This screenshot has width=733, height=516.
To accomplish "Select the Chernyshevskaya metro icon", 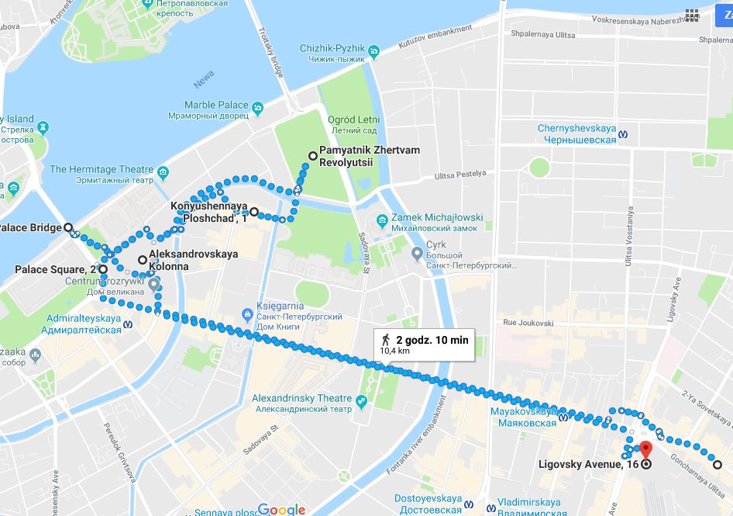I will pyautogui.click(x=634, y=133).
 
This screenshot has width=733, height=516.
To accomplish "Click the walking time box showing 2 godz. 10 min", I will pyautogui.click(x=424, y=344).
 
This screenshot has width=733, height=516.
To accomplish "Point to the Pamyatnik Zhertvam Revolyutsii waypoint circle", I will pyautogui.click(x=313, y=156).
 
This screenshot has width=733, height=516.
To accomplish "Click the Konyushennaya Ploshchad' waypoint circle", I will pyautogui.click(x=254, y=211).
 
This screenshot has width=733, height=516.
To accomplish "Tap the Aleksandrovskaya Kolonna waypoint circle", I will pyautogui.click(x=143, y=259).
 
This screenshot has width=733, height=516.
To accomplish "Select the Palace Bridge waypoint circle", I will pyautogui.click(x=68, y=228).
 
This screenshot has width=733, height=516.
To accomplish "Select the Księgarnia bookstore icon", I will pyautogui.click(x=247, y=313).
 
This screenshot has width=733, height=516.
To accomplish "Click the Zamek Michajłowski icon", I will pyautogui.click(x=381, y=220).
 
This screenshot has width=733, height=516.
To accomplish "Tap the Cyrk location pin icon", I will pyautogui.click(x=416, y=253).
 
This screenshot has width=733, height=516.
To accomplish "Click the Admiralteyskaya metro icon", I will pyautogui.click(x=129, y=324).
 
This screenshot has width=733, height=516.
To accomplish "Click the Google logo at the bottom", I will pyautogui.click(x=281, y=509).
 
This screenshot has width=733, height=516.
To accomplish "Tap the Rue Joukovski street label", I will pyautogui.click(x=528, y=322).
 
